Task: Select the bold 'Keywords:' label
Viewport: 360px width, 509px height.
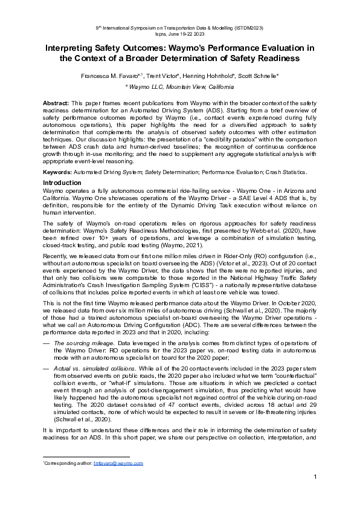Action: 58,172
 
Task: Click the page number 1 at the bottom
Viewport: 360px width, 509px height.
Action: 315,478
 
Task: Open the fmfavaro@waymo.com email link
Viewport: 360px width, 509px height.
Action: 118,463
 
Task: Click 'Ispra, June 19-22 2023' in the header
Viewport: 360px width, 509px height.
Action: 179,34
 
